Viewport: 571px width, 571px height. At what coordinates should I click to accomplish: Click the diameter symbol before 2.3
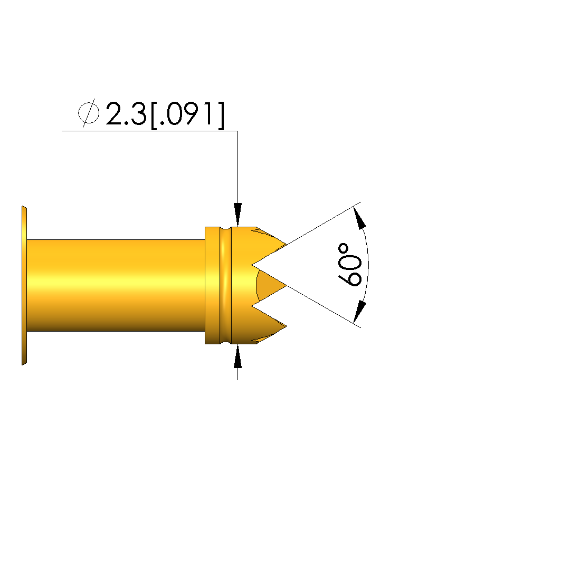(89, 113)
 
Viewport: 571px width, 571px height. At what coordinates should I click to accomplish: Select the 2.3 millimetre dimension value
(126, 113)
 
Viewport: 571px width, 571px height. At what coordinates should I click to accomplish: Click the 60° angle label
(350, 265)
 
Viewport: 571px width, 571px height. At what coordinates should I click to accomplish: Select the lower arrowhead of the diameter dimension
(237, 356)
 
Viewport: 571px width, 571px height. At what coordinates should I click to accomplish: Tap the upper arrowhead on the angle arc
(360, 218)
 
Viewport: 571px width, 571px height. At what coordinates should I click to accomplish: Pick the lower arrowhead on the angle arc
(360, 312)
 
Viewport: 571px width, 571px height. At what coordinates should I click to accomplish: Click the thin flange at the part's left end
(24, 286)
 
